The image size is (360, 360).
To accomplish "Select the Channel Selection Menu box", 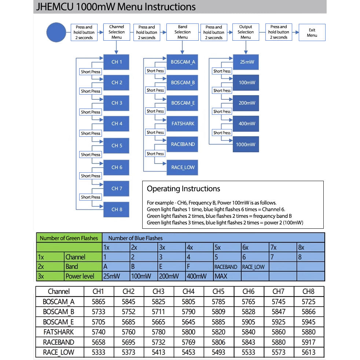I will [117, 32].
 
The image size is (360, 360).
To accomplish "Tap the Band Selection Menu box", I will [183, 32].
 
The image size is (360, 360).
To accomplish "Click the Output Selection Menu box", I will [246, 32].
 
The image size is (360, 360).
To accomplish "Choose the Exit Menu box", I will [312, 33].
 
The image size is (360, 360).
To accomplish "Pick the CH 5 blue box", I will [117, 146].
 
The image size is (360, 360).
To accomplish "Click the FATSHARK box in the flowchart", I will [183, 124].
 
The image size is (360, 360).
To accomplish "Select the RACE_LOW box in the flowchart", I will [183, 168].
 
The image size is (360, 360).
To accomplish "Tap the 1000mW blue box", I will [246, 144].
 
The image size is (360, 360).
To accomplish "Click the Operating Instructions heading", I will [183, 189].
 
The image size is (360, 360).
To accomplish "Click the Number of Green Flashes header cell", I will [69, 238].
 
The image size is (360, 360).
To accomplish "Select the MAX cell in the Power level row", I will [221, 276].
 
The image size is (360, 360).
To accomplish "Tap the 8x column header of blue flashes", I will [301, 247].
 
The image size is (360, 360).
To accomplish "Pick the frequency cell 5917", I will [308, 342].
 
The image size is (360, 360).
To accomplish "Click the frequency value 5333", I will [99, 352].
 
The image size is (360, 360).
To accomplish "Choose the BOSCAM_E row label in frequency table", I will [59, 322].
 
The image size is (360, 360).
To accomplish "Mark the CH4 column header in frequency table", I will [188, 291].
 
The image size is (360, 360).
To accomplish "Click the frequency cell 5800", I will [188, 332].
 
